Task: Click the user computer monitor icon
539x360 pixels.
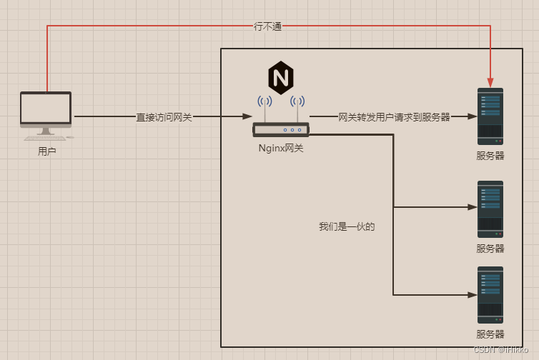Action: pos(46,109)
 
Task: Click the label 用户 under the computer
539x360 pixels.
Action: pos(46,151)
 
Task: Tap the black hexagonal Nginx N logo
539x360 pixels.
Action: pos(280,78)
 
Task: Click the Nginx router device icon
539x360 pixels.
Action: pos(280,129)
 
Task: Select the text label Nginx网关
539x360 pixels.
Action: pos(281,149)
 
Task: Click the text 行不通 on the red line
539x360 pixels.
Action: pos(268,26)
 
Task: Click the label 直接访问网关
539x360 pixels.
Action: pos(164,116)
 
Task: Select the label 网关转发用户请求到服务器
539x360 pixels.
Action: pos(394,116)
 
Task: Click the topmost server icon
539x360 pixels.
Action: pos(490,116)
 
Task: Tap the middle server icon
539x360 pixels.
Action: pos(490,209)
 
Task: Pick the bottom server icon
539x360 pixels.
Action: pos(490,294)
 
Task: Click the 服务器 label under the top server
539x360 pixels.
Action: pos(490,156)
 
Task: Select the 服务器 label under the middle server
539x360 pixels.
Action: pos(490,249)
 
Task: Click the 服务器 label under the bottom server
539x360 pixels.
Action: pos(490,334)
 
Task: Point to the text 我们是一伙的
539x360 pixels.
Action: pos(347,227)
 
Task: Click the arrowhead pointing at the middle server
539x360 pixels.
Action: pos(472,207)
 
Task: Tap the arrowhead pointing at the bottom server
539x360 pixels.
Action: pos(472,294)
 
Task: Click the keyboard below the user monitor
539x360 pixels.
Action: pos(43,137)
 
